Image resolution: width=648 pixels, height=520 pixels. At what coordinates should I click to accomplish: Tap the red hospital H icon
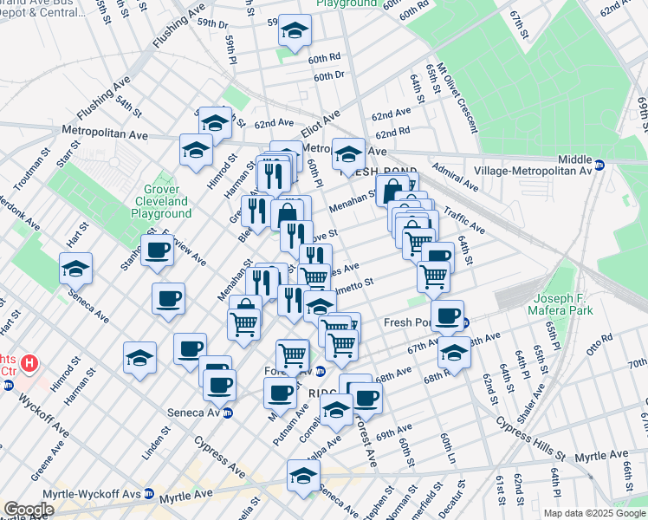click(x=29, y=362)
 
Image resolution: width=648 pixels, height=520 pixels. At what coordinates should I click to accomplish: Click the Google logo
click(x=29, y=510)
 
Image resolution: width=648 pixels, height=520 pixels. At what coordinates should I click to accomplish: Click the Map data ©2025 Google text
click(x=595, y=513)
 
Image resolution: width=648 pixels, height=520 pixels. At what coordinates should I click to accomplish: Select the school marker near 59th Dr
click(x=295, y=34)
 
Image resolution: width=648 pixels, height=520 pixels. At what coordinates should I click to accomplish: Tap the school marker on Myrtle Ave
click(x=303, y=476)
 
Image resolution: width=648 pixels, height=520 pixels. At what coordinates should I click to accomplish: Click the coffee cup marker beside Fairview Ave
click(x=158, y=250)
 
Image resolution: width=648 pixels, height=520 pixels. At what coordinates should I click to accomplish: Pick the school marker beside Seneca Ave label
click(x=75, y=269)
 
